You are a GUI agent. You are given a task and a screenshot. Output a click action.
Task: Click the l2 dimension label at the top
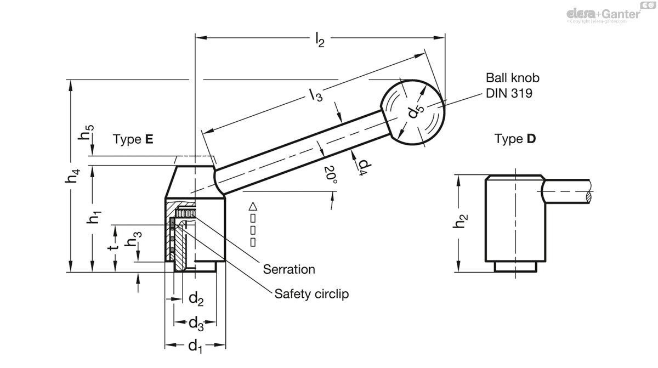coord(320,40)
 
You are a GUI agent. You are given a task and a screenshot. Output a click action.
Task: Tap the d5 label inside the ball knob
coord(416,111)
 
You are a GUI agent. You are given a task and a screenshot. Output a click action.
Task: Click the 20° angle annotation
coord(330,175)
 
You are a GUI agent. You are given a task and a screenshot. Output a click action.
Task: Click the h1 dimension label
coord(94,217)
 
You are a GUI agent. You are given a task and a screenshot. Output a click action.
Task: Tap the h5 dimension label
coord(88,135)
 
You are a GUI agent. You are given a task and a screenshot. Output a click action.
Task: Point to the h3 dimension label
coord(134,241)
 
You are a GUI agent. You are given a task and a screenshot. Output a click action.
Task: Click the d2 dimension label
coord(196,299)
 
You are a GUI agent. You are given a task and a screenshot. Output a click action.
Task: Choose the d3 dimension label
coord(196,324)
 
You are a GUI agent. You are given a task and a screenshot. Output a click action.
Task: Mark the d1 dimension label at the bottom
coord(196,347)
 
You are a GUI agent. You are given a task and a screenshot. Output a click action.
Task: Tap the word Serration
coord(289,269)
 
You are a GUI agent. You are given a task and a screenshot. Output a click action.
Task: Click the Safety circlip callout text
coord(311,294)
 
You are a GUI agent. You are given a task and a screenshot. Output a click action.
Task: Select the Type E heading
coord(133,139)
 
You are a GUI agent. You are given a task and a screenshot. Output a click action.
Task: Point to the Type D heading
coord(515,139)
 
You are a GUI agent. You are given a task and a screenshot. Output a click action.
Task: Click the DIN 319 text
coord(509,93)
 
